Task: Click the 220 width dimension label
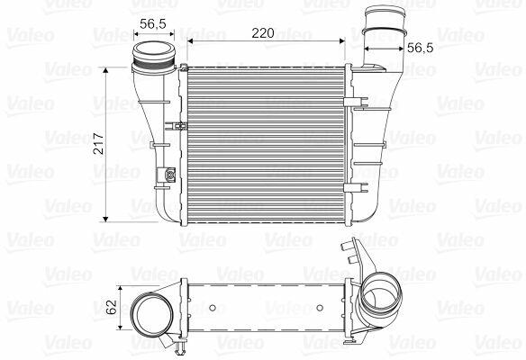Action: (x=263, y=32)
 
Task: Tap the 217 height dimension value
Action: (x=99, y=143)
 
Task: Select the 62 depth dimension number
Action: (x=112, y=307)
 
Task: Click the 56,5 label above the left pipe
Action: (x=153, y=23)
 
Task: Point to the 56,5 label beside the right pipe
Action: (x=421, y=48)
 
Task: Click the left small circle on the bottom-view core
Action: (x=212, y=308)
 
